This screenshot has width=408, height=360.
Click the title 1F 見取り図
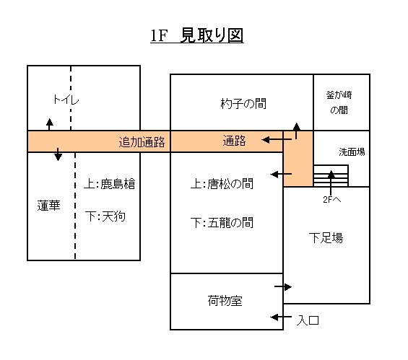[197, 35]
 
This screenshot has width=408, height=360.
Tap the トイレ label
[66, 100]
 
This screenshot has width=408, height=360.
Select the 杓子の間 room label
[243, 103]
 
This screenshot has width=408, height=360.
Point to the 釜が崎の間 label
[339, 102]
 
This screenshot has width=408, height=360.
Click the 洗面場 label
[352, 152]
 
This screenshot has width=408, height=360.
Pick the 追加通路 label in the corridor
[142, 142]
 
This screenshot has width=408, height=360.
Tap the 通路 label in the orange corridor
[234, 141]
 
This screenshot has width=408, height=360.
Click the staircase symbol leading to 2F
[331, 176]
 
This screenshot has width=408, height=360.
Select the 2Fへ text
[331, 199]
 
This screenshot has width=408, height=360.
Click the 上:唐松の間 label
[222, 183]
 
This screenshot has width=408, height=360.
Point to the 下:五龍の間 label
[222, 222]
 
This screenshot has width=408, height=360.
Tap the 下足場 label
[326, 237]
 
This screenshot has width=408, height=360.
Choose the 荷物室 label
[225, 301]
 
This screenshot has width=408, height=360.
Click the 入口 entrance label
[308, 320]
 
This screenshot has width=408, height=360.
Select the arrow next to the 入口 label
[281, 317]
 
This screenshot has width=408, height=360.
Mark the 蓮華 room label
[48, 206]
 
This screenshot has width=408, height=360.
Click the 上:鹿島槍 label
[109, 184]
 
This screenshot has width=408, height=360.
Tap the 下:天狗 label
[105, 216]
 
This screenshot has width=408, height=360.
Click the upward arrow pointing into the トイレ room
[49, 124]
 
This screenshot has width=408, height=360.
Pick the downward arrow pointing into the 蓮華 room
[58, 154]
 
